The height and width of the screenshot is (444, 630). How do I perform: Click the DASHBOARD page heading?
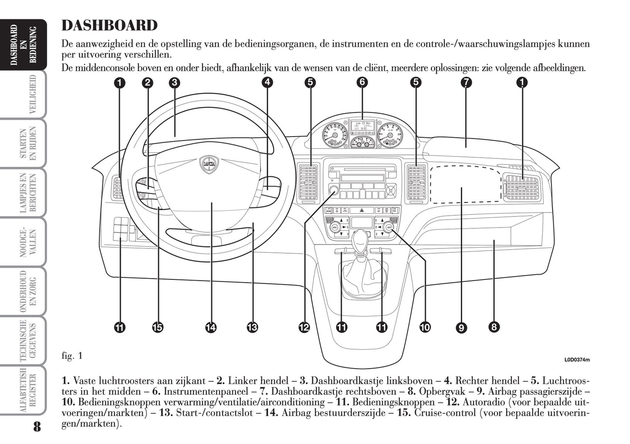click(109, 26)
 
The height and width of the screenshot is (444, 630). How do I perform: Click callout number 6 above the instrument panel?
click(362, 82)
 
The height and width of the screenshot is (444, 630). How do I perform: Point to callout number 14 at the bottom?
click(211, 327)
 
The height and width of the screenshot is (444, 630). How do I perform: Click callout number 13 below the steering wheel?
click(252, 327)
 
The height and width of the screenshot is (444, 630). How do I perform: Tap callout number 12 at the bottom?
click(304, 327)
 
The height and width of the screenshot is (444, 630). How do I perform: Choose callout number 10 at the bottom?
click(425, 327)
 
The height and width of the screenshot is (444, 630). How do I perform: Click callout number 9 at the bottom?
click(461, 327)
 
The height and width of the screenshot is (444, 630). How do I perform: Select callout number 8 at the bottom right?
click(494, 327)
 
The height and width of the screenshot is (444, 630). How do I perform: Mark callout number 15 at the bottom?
click(158, 327)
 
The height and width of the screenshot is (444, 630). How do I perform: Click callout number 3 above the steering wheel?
click(174, 82)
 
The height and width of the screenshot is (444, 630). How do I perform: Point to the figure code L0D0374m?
click(577, 360)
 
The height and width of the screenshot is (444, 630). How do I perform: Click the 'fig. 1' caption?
click(72, 356)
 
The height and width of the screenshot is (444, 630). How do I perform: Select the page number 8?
click(37, 426)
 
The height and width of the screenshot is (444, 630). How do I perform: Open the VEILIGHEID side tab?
click(32, 94)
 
